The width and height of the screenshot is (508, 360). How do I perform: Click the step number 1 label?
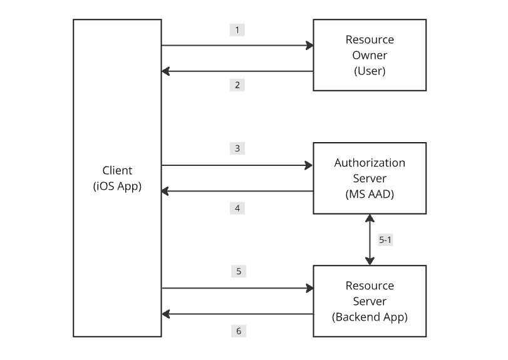tap(237, 30)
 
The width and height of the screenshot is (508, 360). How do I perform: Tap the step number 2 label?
tap(237, 85)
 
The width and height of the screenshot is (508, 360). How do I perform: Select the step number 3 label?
tap(237, 148)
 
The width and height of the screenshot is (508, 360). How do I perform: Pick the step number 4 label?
tap(237, 208)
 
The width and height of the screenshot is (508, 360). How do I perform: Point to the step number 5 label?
tap(237, 271)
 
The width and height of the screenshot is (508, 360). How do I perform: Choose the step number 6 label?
tap(237, 331)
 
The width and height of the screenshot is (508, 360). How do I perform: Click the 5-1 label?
tap(386, 240)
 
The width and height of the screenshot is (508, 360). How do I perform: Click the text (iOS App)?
tap(117, 186)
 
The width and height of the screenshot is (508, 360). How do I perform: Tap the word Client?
tap(117, 170)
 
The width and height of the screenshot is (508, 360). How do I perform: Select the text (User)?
tap(370, 71)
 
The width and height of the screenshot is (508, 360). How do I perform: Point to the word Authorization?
tap(370, 163)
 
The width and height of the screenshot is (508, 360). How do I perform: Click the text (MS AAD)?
tap(370, 194)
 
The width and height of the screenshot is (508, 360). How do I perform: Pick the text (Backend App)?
tap(370, 317)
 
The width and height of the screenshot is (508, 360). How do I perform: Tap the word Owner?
tap(370, 55)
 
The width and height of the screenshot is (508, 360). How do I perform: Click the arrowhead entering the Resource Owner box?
tap(309, 45)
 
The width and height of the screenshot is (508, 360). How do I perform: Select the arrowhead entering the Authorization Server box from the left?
tap(309, 165)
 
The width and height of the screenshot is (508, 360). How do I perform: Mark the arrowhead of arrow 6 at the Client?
tap(166, 314)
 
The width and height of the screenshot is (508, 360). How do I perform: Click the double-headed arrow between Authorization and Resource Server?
tap(370, 240)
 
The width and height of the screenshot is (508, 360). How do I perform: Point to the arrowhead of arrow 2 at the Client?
tap(166, 71)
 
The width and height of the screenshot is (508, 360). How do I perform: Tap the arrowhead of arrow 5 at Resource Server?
tap(309, 288)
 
